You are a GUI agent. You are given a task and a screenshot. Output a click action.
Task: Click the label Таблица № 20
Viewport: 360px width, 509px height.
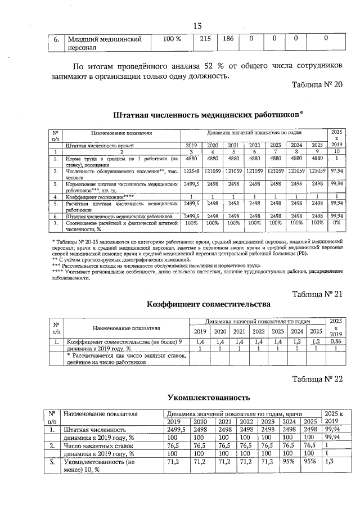[x=317, y=85]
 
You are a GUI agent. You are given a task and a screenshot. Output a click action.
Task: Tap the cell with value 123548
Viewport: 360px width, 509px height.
[x=192, y=170]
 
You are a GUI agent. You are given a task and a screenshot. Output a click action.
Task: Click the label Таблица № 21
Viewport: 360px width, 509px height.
[x=317, y=294]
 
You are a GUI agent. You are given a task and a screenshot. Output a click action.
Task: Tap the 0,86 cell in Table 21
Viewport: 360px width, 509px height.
[x=335, y=341]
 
